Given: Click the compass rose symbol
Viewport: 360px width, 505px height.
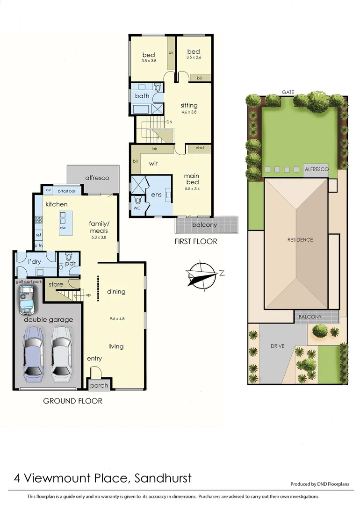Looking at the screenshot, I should [203, 274].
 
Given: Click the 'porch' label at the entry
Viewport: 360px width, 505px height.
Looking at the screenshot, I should [99, 386].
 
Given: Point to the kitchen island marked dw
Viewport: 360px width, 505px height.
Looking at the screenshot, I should [62, 221].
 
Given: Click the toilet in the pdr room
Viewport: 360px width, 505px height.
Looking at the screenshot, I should [69, 257].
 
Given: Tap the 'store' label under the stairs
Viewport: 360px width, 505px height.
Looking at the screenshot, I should [56, 284].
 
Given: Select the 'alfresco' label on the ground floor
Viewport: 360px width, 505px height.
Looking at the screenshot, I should [97, 178].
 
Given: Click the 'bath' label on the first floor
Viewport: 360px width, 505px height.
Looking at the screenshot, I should [142, 96].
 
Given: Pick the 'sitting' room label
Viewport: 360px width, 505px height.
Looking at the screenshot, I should [189, 105].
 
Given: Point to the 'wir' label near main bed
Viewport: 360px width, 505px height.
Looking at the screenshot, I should [153, 164].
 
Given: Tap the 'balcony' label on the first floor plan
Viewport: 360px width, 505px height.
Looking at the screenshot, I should [205, 225].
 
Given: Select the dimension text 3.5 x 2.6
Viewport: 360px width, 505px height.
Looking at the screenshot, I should [194, 58].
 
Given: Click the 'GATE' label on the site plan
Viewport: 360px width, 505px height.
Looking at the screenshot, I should [288, 92].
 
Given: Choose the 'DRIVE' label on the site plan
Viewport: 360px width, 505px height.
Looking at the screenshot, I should [278, 346].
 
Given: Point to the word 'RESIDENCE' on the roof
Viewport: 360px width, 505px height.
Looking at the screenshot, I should [300, 240].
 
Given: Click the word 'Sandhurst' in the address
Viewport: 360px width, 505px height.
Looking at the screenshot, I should [163, 478].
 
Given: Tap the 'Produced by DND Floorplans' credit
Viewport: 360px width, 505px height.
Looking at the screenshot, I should [319, 484].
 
